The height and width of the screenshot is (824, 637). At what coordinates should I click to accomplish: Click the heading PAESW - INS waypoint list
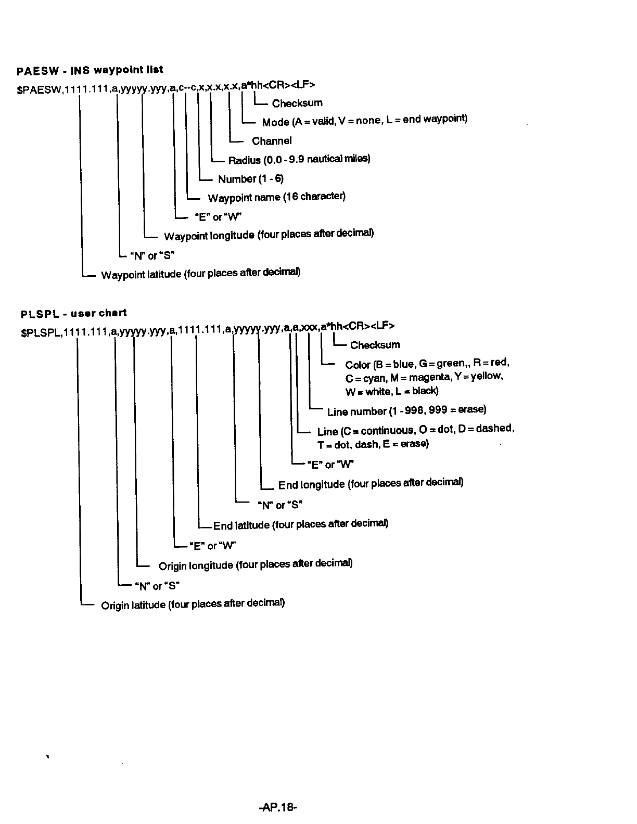pos(90,70)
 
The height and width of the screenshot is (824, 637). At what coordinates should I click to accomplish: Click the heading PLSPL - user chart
pos(73,314)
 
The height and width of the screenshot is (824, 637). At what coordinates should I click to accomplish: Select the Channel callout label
pos(272,141)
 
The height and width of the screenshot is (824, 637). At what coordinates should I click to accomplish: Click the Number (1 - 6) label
pos(251,179)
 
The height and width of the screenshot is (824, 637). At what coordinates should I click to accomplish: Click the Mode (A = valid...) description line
pos(364,121)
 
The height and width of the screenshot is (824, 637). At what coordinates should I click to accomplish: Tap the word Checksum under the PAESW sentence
pos(297,103)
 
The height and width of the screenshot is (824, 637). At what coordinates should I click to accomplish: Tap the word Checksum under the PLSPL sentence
pos(375,345)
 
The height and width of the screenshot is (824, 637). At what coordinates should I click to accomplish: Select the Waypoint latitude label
pos(200,274)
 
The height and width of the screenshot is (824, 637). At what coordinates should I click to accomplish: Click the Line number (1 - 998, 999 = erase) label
pos(406,411)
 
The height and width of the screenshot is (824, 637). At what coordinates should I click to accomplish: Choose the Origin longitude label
pos(256,565)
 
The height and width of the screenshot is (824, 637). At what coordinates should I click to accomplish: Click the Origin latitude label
pos(193,604)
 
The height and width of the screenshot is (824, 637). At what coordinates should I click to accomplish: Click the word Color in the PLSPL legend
pos(358,365)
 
